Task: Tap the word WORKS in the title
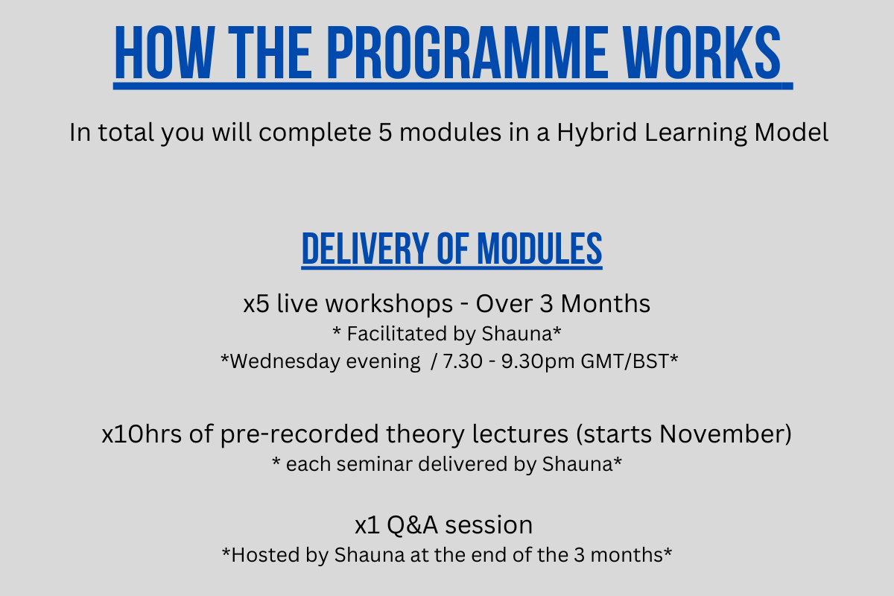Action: coord(702,52)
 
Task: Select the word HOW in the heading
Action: coord(165,52)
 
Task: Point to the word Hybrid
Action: coord(597,133)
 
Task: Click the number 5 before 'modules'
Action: coord(385,133)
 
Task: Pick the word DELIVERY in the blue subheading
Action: coord(365,248)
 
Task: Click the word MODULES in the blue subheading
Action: coord(539,248)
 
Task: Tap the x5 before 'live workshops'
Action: coord(256,304)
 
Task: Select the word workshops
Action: coord(389,304)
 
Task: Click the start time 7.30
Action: coord(463,361)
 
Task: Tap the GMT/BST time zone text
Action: coord(624,361)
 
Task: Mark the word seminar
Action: coord(374,464)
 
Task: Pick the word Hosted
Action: coord(265,555)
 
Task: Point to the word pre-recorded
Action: coord(299,434)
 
